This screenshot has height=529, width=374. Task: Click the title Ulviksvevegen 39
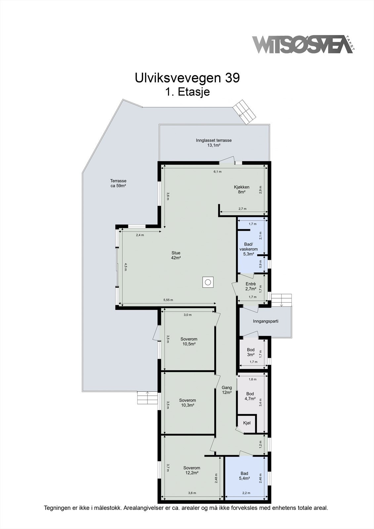click(187, 78)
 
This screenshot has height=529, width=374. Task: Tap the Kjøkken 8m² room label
click(242, 189)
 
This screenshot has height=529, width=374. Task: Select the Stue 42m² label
click(176, 255)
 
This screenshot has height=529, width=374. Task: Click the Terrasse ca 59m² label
click(118, 183)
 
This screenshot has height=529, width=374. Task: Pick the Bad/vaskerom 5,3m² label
click(248, 249)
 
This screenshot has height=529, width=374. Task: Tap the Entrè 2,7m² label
click(251, 286)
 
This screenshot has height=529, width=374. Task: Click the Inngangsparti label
click(266, 321)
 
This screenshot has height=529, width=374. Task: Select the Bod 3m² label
click(251, 352)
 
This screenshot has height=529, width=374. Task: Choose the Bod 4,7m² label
click(250, 396)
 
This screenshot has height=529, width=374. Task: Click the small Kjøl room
click(247, 423)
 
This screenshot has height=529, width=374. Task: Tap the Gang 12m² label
click(227, 390)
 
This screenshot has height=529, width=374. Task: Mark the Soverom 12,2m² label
click(192, 470)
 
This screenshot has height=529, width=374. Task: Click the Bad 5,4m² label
click(244, 476)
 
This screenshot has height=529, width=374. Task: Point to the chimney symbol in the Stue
click(208, 282)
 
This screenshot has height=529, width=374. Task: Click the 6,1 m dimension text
click(217, 172)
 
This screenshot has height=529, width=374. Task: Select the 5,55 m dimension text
click(168, 300)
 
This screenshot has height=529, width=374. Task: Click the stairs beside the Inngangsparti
click(282, 300)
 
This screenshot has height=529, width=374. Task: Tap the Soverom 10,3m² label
click(187, 402)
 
